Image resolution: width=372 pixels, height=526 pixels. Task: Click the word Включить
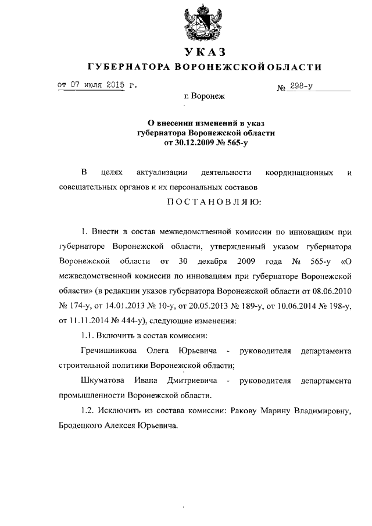121,334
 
